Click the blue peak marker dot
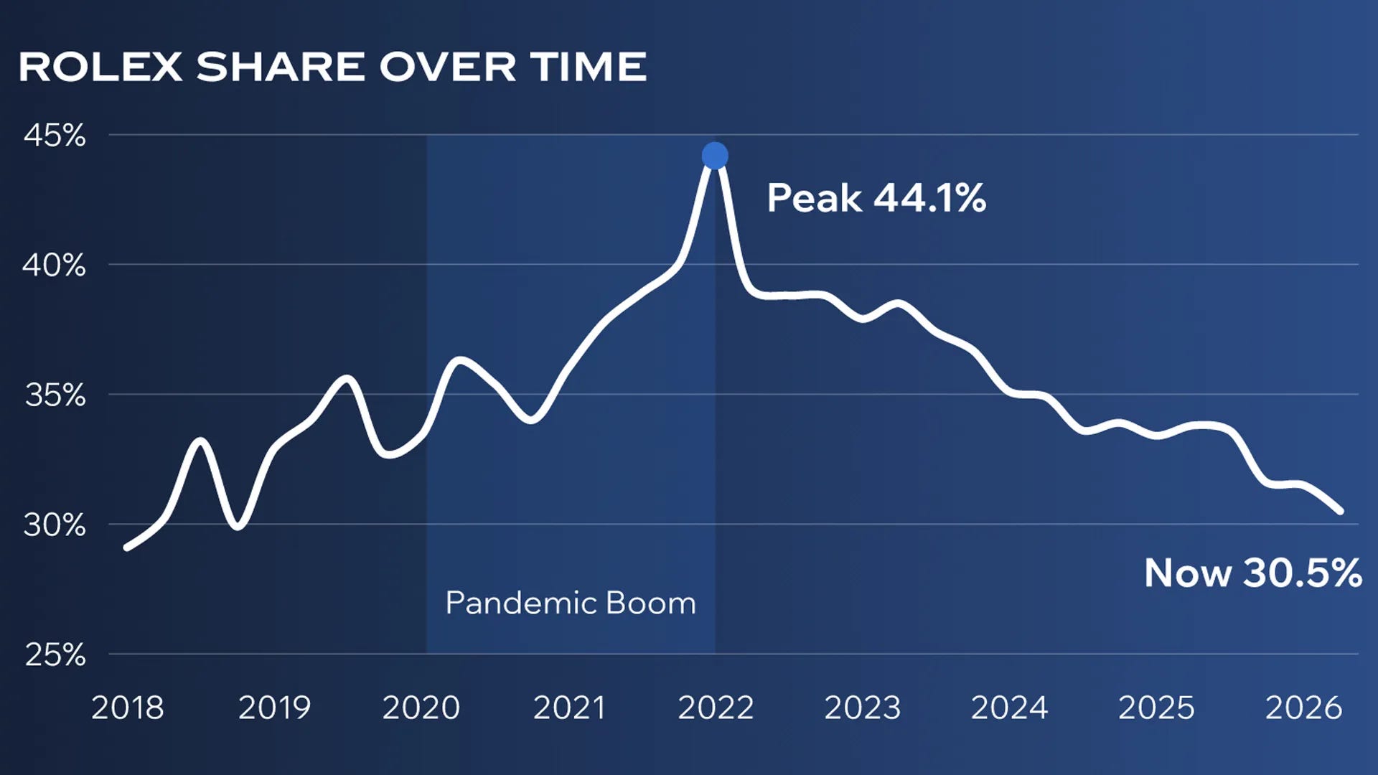click(715, 156)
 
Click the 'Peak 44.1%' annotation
click(876, 198)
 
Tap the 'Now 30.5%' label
click(1252, 573)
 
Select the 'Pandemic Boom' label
click(571, 603)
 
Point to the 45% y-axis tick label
click(55, 135)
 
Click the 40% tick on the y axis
click(55, 266)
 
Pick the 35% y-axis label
click(55, 395)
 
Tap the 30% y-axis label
click(55, 525)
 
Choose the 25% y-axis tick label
click(55, 654)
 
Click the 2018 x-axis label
click(128, 708)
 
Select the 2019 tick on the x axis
click(274, 708)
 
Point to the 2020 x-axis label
click(421, 708)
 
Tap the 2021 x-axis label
click(569, 708)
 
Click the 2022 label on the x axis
click(716, 708)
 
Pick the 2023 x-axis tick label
click(863, 708)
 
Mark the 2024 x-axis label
click(1010, 708)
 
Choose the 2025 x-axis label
click(1157, 708)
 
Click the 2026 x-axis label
click(1303, 708)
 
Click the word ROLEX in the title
click(100, 67)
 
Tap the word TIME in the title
click(589, 67)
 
